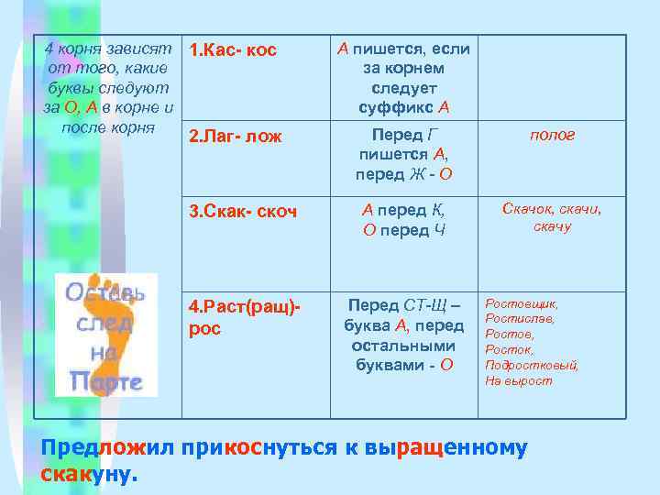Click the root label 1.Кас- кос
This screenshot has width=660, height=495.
(x=232, y=49)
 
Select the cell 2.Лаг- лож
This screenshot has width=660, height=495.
(x=235, y=137)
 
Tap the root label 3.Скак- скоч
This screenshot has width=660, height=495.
(x=242, y=212)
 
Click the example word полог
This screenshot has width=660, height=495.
(x=552, y=135)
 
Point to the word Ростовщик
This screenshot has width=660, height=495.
(x=521, y=302)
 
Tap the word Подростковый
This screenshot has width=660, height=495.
(x=532, y=365)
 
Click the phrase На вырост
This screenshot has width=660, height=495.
(x=518, y=380)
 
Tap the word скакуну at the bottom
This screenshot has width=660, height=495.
(x=89, y=475)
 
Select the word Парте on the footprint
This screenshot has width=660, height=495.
(x=105, y=382)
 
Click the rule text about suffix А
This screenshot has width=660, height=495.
(x=403, y=78)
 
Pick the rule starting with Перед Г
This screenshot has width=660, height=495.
(x=403, y=153)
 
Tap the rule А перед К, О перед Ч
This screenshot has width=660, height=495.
(x=403, y=220)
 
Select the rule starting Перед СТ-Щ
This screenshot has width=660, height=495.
(x=403, y=334)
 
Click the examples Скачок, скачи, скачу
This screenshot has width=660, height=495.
(x=552, y=218)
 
